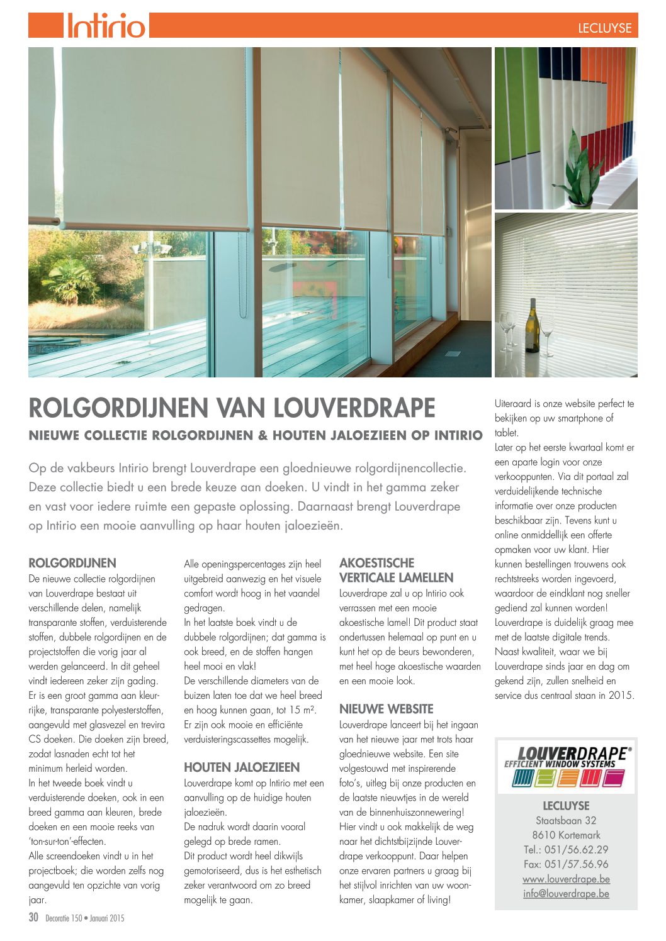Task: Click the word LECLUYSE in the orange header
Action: coord(604,28)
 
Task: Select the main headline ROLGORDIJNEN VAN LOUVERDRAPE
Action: coord(232,408)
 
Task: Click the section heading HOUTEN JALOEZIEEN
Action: coord(242,767)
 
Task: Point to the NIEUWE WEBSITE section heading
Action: coord(386,709)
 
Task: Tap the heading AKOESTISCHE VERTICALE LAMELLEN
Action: coord(396,570)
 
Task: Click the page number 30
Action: coord(34,918)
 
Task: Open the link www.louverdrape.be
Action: coord(566,879)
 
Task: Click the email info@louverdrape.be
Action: coord(566,893)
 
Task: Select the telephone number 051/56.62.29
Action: coord(566,849)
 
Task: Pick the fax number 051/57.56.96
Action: coord(566,864)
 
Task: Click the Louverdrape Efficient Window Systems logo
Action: coord(566,766)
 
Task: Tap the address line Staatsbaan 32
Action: coord(566,820)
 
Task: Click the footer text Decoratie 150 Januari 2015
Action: coord(85,918)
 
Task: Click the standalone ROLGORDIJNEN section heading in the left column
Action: coord(72,563)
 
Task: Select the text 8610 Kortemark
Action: coord(566,835)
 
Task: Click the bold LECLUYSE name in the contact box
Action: coord(566,806)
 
